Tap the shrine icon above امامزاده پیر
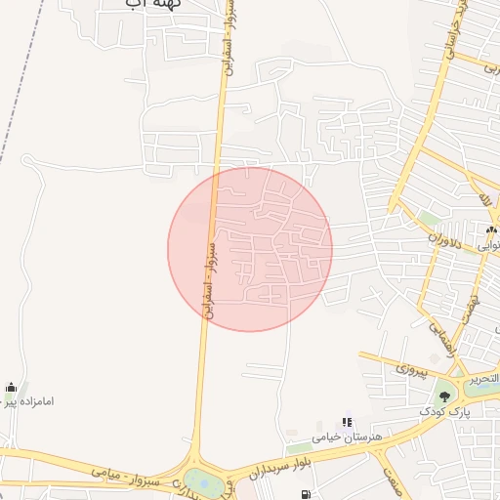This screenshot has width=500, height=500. click(11, 387)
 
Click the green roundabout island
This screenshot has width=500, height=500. click(203, 480)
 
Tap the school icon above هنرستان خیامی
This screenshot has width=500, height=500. click(347, 423)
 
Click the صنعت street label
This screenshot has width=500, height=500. click(393, 479)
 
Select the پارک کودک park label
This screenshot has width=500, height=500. click(444, 411)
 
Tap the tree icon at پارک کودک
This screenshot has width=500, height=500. click(444, 396)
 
